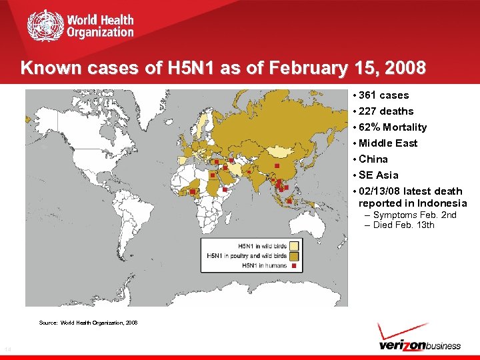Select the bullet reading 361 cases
pos(383,95)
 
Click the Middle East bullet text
pos(387,143)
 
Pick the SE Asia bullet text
pos(378,175)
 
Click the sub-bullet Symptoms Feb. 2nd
pos(415,215)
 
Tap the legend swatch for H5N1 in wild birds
pos(295,245)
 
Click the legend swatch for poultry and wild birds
pos(295,255)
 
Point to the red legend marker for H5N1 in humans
pos(295,265)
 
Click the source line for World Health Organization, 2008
pos(88,323)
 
